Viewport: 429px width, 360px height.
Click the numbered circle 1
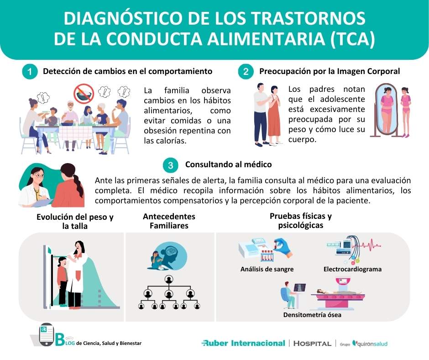[x=29, y=72]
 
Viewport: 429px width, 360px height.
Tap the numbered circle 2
[x=246, y=72]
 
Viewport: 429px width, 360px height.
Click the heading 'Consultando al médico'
[x=228, y=164]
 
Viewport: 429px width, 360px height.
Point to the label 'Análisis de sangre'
[x=267, y=269]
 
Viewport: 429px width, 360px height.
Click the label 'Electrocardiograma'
[x=352, y=269]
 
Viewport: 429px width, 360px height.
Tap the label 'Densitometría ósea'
[x=312, y=315]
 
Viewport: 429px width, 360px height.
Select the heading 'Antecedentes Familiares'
[x=169, y=221]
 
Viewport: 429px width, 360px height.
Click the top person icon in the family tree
[x=169, y=279]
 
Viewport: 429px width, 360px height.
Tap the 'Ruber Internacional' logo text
[x=243, y=343]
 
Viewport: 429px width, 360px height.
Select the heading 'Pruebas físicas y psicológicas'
[x=301, y=221]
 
